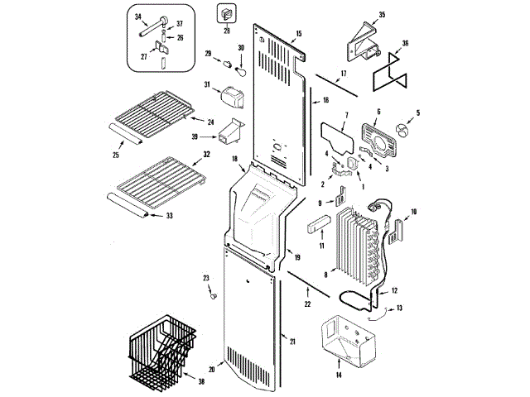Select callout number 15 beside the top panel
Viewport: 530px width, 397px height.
click(298, 33)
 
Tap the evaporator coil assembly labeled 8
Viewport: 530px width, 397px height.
click(358, 242)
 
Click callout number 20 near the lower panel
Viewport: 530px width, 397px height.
click(210, 369)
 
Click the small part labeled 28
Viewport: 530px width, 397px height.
click(224, 13)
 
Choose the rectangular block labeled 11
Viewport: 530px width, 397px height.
click(318, 225)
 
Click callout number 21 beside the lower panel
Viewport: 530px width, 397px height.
click(292, 340)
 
